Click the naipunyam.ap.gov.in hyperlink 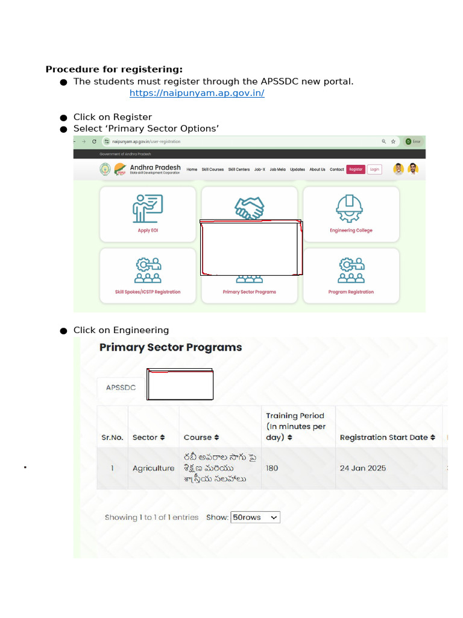click(197, 94)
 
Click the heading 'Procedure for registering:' click(114, 69)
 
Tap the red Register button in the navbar click(355, 170)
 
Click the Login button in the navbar click(374, 170)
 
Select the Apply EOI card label click(148, 231)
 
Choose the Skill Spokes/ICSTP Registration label click(148, 292)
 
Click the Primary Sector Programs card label click(249, 292)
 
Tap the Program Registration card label click(351, 292)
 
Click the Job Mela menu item click(277, 170)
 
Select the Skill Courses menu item click(213, 170)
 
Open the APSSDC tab click(121, 387)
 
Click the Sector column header click(148, 438)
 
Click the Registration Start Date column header click(387, 438)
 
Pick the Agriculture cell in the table click(153, 468)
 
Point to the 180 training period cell click(272, 468)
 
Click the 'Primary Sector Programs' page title click(171, 348)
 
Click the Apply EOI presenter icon click(148, 209)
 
